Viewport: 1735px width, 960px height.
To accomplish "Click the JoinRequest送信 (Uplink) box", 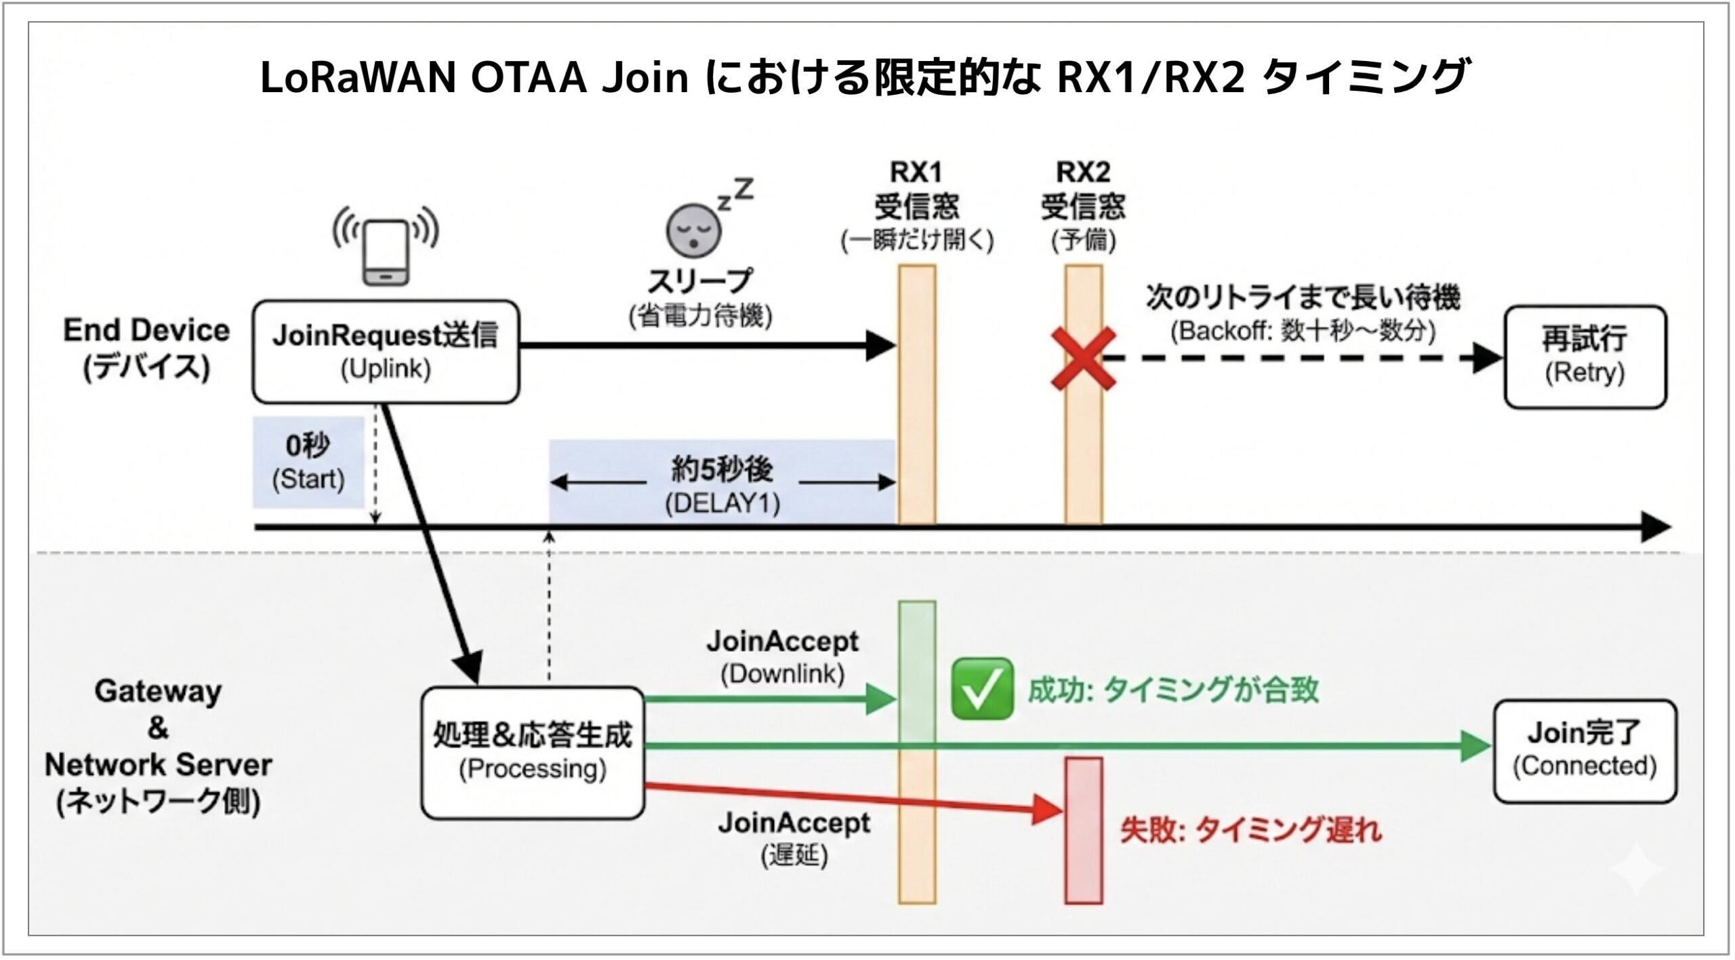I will [x=386, y=352].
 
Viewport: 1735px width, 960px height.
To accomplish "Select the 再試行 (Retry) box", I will [x=1585, y=356].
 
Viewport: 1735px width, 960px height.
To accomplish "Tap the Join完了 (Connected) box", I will [x=1585, y=751].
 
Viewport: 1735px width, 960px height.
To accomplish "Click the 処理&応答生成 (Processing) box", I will [x=532, y=752].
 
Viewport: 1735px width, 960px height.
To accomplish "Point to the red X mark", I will [x=1083, y=358].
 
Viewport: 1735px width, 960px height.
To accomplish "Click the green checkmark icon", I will [x=982, y=688].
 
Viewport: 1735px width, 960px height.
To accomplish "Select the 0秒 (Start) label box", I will [x=308, y=462].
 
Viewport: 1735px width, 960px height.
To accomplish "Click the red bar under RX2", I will [x=1084, y=830].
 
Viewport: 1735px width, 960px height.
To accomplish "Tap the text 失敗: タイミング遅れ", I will [x=1250, y=830].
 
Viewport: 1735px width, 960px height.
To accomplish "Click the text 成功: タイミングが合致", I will [x=1173, y=690].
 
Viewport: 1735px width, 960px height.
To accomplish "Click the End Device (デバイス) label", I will [x=146, y=348].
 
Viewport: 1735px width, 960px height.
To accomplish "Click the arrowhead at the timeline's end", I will [x=1655, y=526].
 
